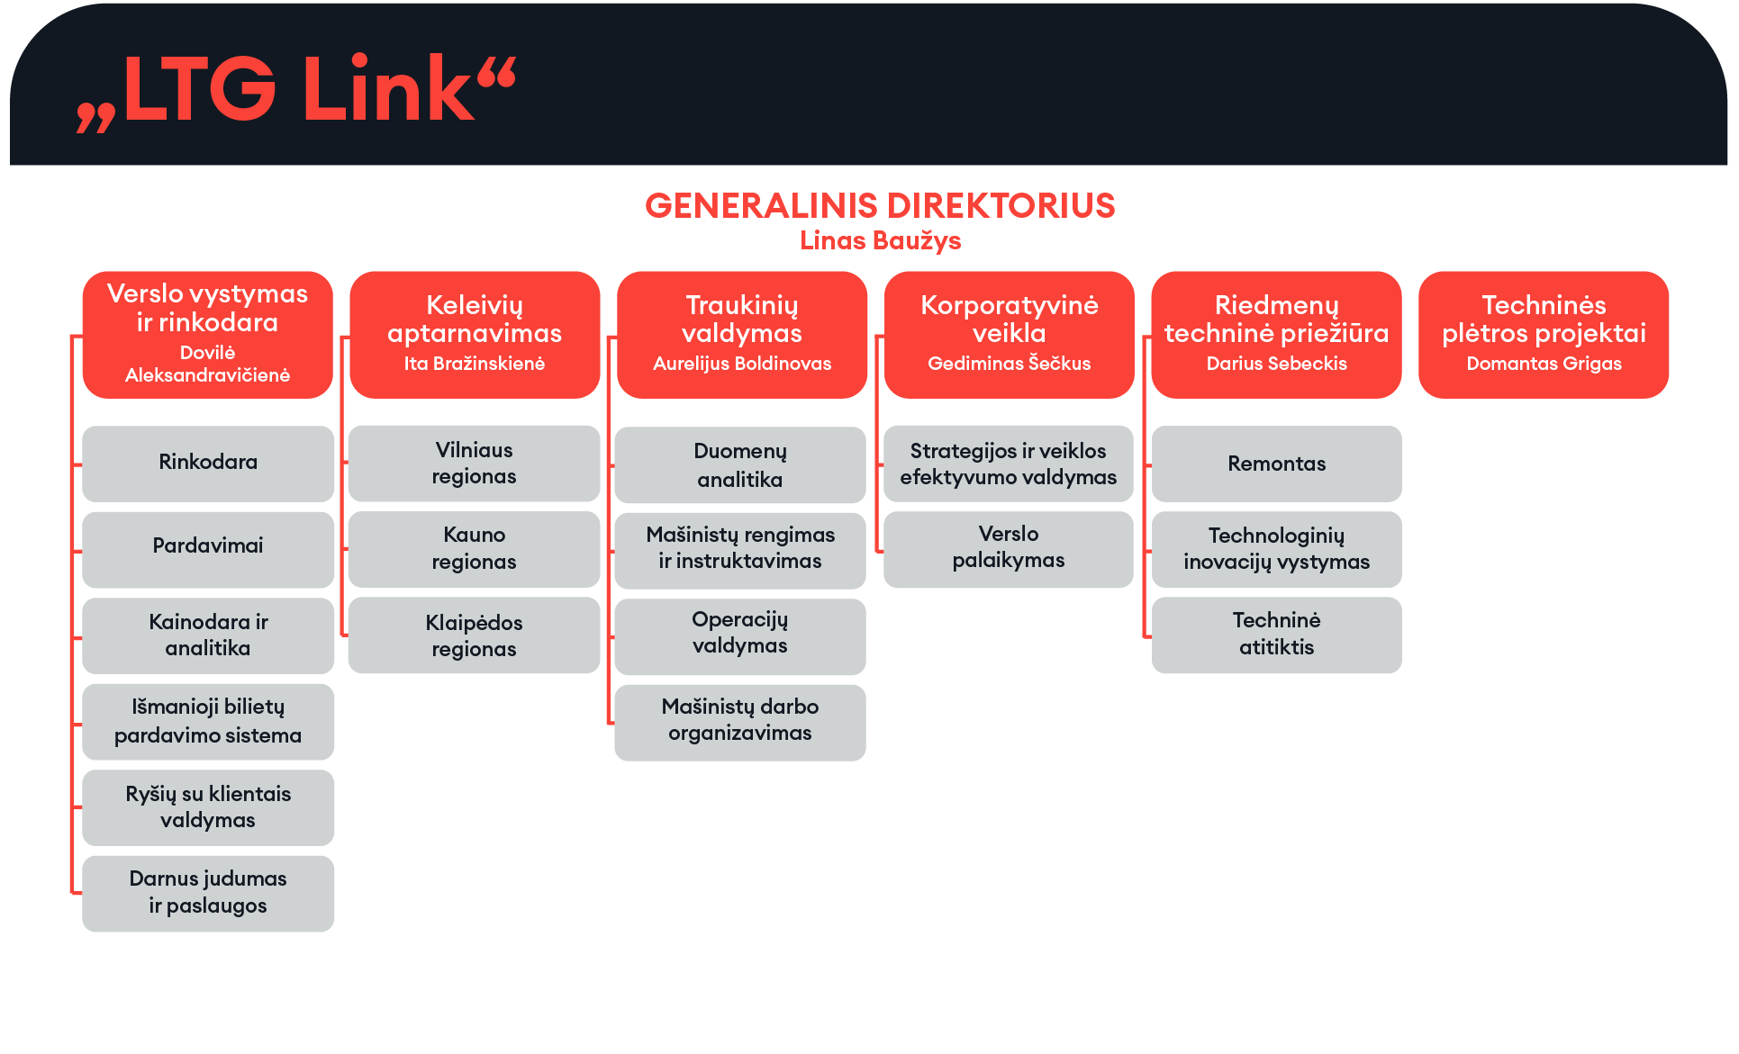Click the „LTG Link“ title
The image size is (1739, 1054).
click(296, 90)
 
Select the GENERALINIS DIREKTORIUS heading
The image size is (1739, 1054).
click(880, 206)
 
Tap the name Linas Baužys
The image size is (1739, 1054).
click(880, 241)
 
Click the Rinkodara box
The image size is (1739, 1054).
click(208, 464)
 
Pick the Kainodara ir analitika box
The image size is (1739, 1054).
click(208, 635)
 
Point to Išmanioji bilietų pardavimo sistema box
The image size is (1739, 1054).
click(208, 721)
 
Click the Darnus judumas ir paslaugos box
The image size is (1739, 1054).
click(208, 893)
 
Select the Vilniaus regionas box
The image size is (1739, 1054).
click(474, 464)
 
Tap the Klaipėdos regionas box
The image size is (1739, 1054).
click(474, 635)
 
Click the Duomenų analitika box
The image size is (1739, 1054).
click(740, 464)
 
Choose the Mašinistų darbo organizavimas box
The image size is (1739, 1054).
click(740, 723)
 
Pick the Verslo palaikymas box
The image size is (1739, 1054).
click(1009, 549)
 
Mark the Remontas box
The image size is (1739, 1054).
click(1277, 464)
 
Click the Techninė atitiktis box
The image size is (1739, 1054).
click(1277, 635)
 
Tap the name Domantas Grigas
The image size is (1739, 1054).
click(1544, 364)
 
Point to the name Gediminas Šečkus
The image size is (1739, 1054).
click(1009, 364)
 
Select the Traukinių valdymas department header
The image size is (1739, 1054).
click(742, 335)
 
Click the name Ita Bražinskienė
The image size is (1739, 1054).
click(475, 364)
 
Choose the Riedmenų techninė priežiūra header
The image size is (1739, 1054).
click(1277, 335)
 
